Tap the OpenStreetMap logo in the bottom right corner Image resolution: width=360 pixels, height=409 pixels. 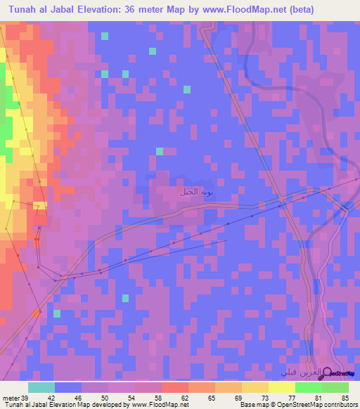342,373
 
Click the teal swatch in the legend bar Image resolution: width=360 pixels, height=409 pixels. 41,387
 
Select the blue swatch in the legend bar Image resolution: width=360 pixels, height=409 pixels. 68,387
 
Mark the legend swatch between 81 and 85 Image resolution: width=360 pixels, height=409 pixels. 335,387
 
